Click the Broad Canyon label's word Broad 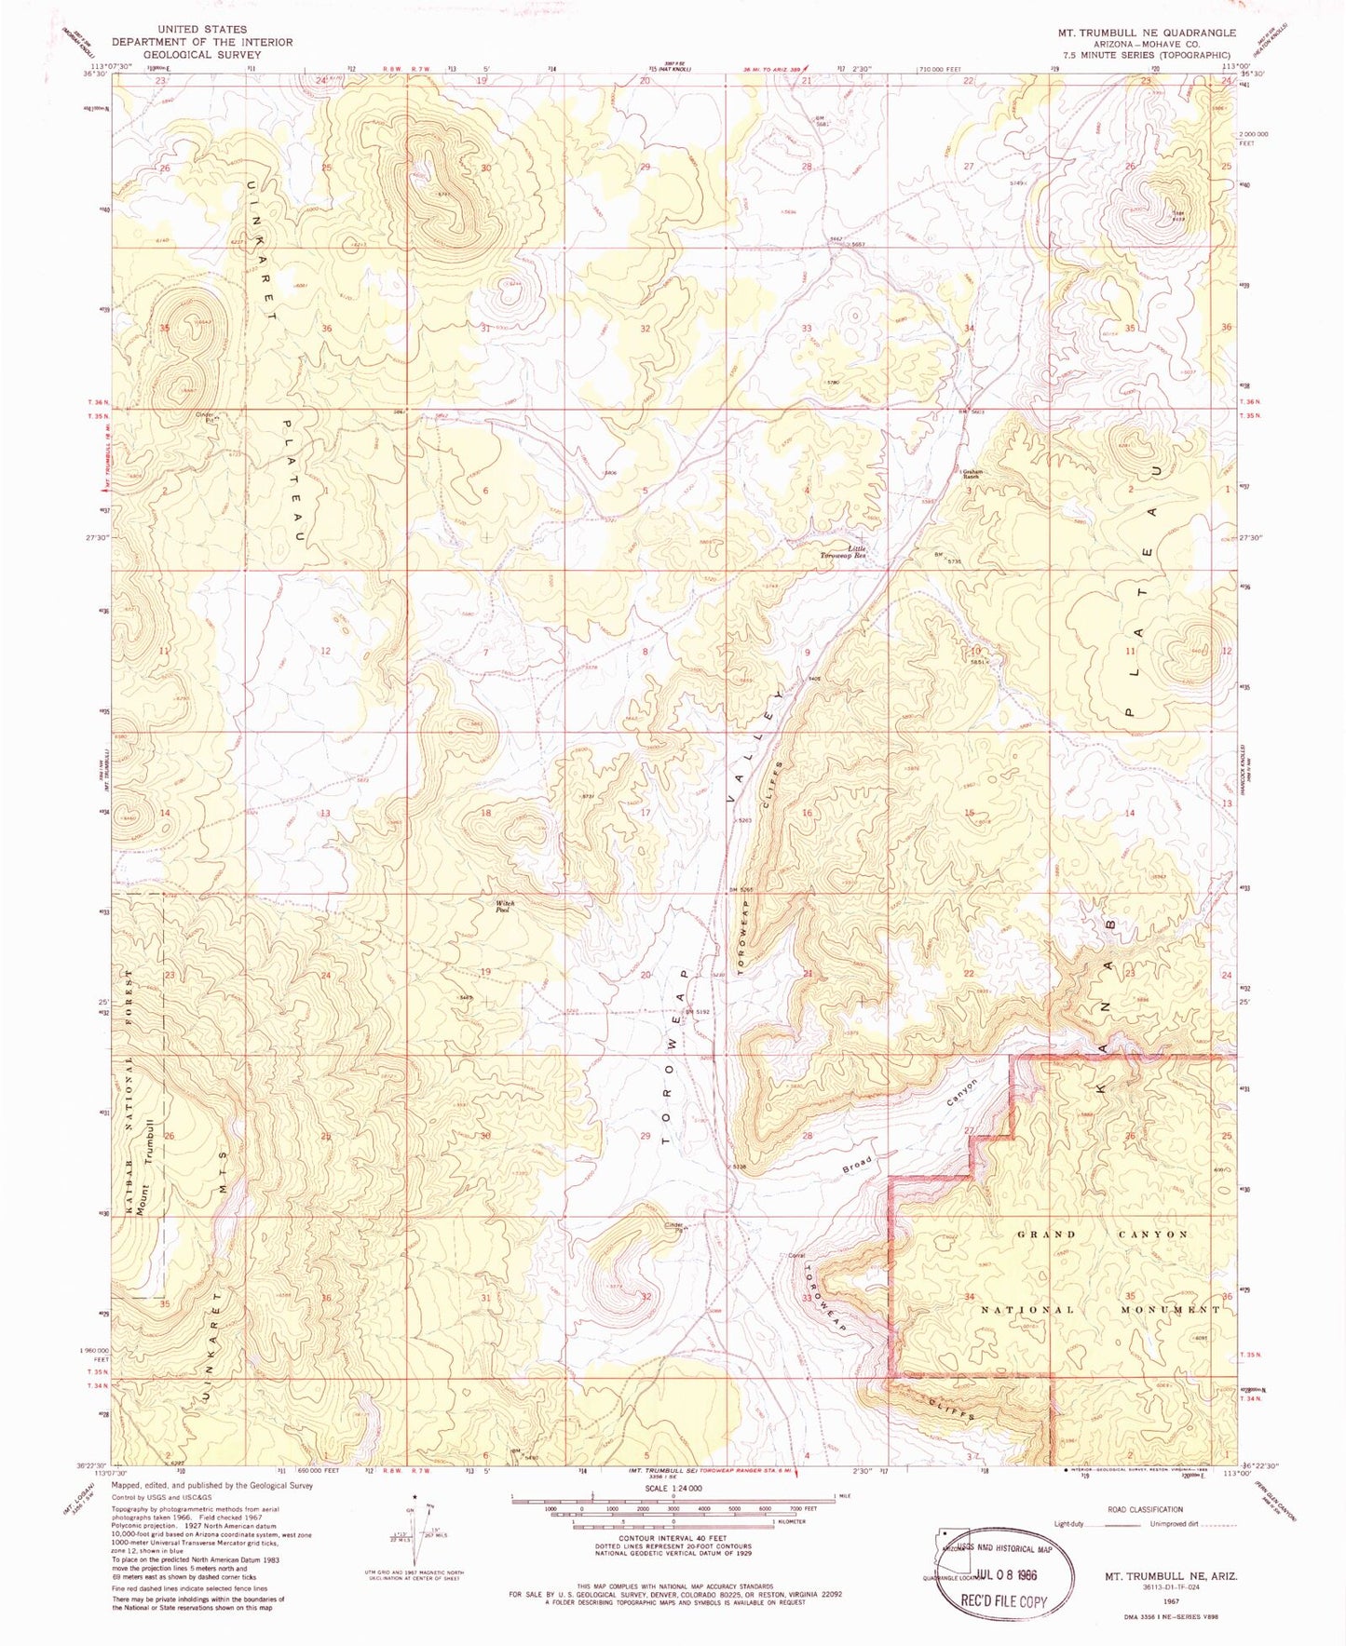click(858, 1164)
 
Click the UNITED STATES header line click(202, 30)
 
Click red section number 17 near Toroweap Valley click(645, 812)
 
